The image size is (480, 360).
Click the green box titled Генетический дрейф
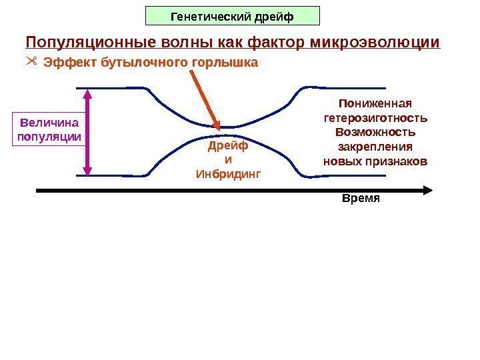[x=233, y=15]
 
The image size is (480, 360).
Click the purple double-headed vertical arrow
[x=88, y=132]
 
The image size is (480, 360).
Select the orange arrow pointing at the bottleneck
[x=204, y=97]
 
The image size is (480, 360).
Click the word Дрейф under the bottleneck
[x=228, y=145]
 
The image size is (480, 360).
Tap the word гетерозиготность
[x=375, y=118]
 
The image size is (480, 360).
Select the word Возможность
[x=375, y=132]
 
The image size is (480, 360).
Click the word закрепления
[x=375, y=147]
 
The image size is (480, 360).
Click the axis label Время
[x=360, y=199]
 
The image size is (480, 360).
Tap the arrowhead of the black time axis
[x=429, y=190]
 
